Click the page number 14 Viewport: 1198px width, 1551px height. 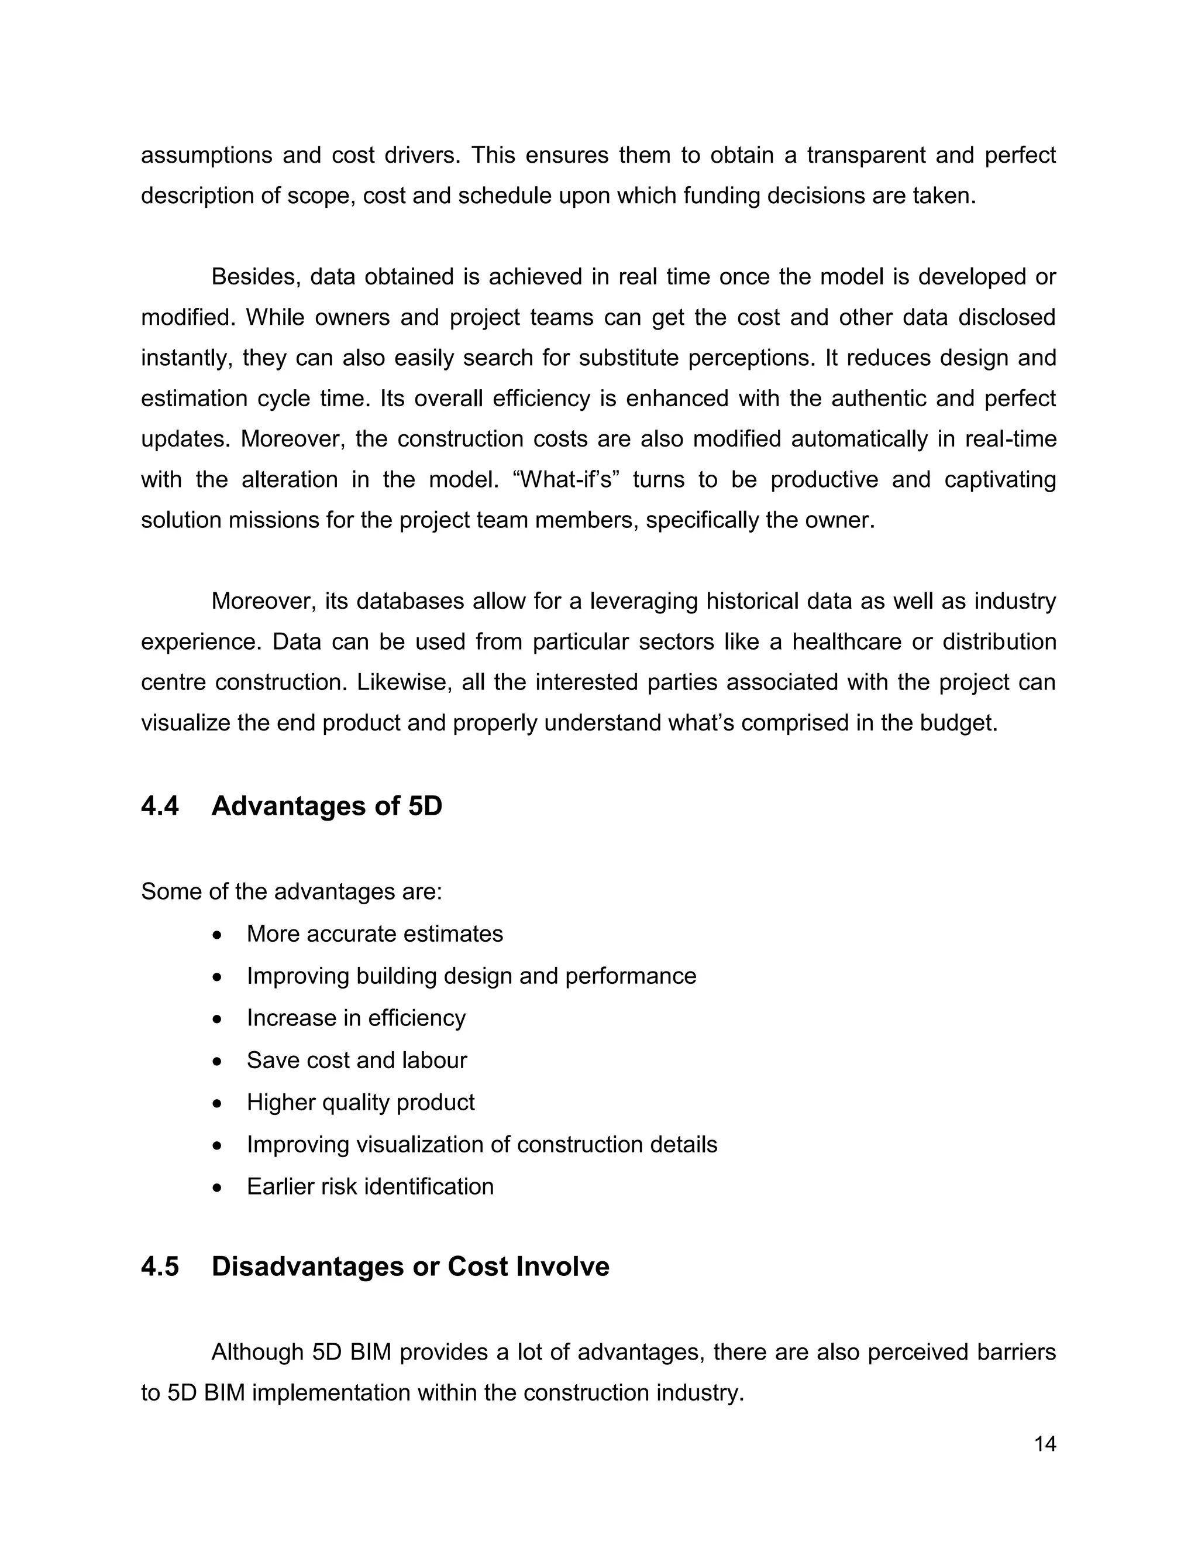(1045, 1444)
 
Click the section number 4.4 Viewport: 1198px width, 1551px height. (160, 806)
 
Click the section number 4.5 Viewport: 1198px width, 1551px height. (160, 1267)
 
